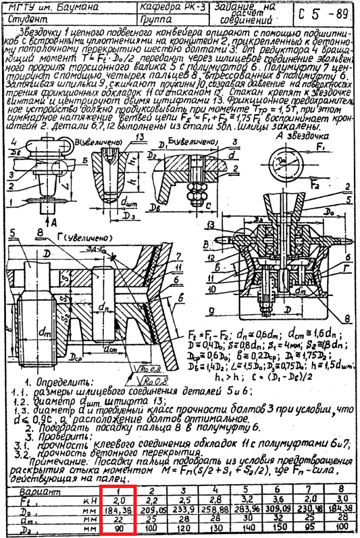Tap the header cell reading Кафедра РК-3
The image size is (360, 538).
tap(170, 9)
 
